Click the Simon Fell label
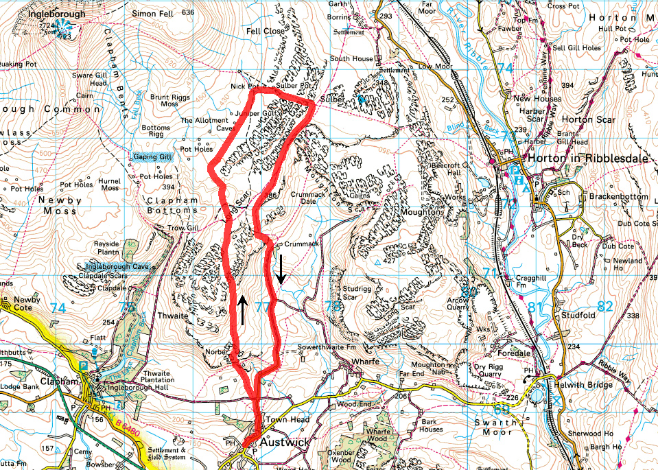[x=153, y=12]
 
